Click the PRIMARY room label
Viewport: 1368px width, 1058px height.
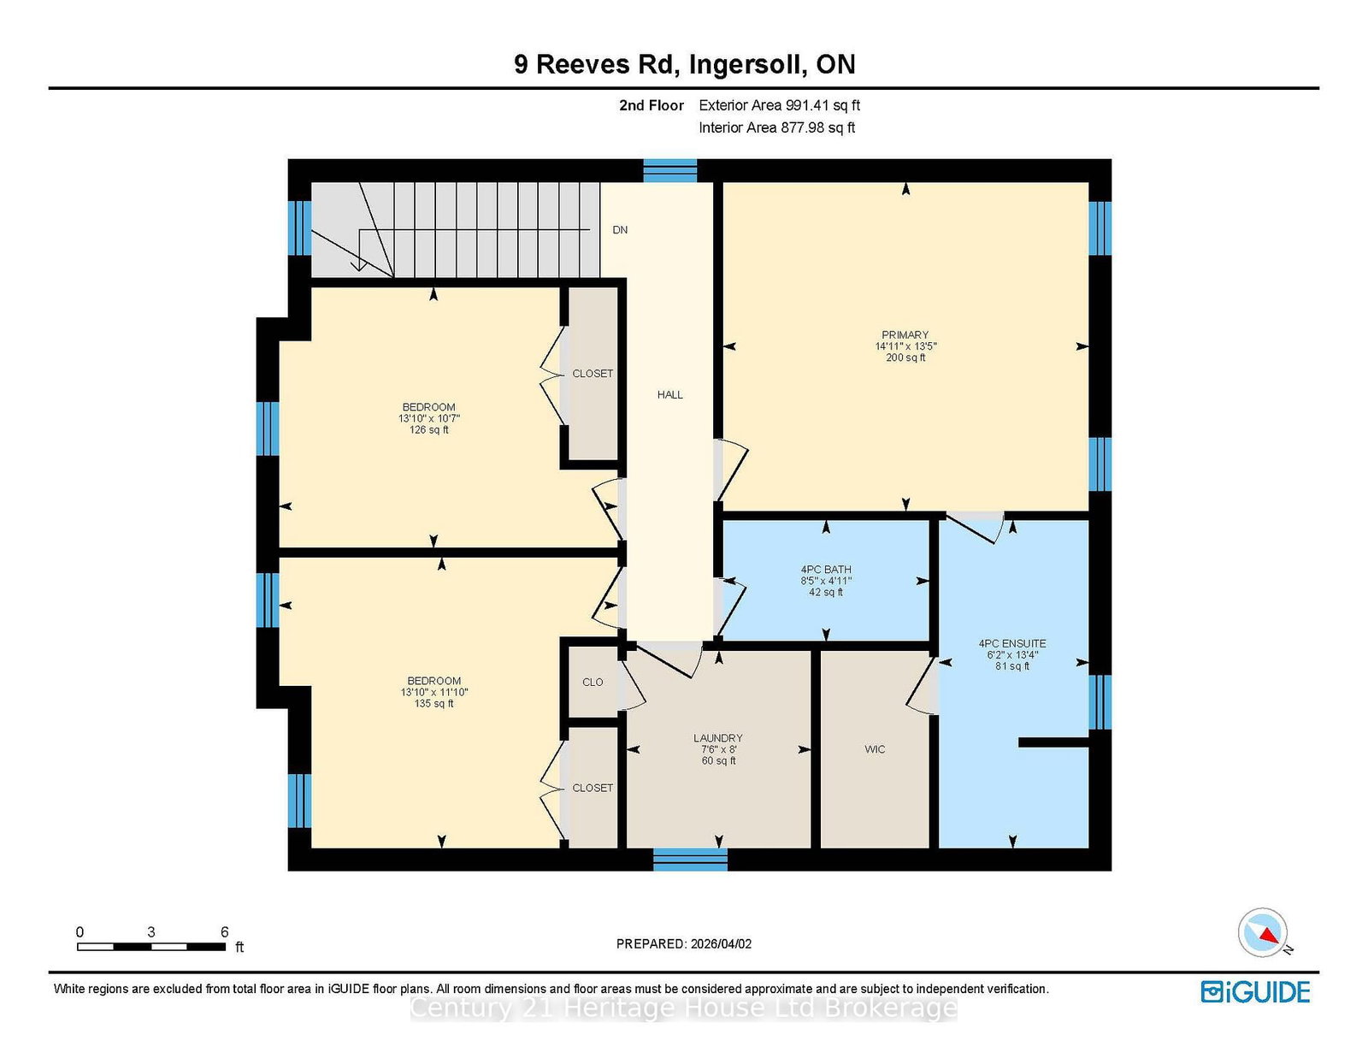(x=905, y=335)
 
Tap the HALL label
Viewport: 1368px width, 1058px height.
(x=669, y=395)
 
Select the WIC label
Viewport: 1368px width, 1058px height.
(x=875, y=749)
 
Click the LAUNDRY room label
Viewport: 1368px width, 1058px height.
(x=717, y=738)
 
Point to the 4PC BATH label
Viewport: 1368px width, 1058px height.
(x=826, y=570)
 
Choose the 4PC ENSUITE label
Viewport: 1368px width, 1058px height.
(x=1012, y=644)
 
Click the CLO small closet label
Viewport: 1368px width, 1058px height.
(x=593, y=682)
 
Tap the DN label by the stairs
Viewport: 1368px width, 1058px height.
(x=620, y=230)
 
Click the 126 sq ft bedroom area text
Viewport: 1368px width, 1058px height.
(x=428, y=430)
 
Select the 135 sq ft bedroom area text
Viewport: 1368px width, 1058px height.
(x=433, y=703)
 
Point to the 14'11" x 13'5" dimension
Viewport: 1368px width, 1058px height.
(x=906, y=346)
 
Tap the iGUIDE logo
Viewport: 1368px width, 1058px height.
(x=1256, y=992)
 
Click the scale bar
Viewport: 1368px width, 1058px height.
(x=151, y=947)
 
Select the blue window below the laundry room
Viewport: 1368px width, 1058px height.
(x=690, y=860)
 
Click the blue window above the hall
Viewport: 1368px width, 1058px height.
(x=669, y=171)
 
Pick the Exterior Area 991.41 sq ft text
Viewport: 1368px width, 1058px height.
(x=780, y=105)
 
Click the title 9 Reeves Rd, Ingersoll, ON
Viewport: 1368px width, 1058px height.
(x=684, y=64)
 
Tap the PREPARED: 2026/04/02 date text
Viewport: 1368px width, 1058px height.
(x=684, y=944)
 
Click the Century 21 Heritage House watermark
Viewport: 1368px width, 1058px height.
(x=684, y=1008)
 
